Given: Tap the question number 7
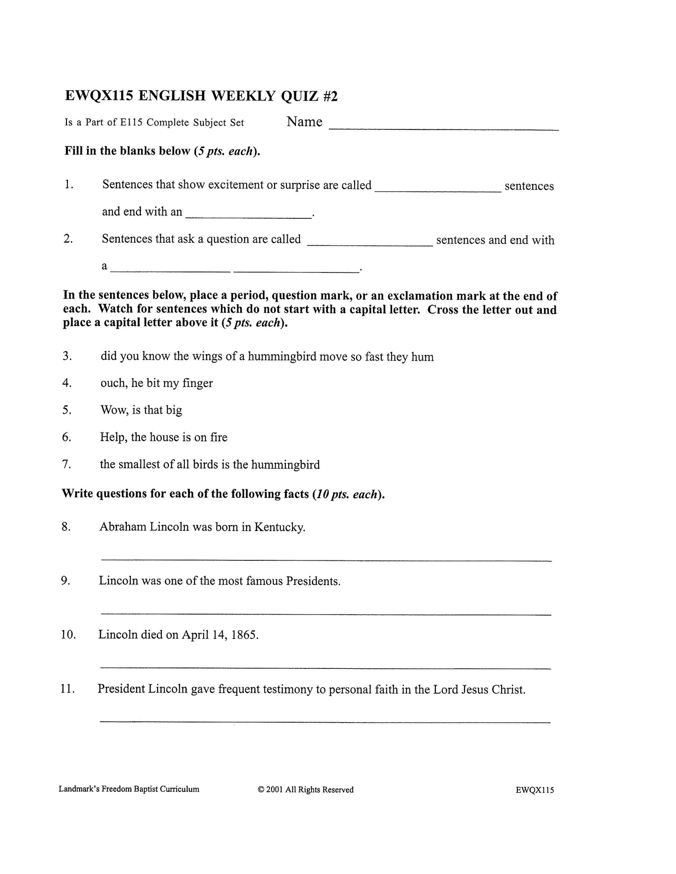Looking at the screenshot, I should pyautogui.click(x=66, y=464).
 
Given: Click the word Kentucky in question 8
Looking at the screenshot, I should pyautogui.click(x=280, y=527).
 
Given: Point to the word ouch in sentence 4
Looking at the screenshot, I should pyautogui.click(x=113, y=383).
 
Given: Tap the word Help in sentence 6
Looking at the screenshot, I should pyautogui.click(x=113, y=437).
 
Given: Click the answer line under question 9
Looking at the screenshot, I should pyautogui.click(x=326, y=614).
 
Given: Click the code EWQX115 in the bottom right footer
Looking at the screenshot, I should pyautogui.click(x=535, y=790).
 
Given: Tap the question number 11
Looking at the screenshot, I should pyautogui.click(x=68, y=689).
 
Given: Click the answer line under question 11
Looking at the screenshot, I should pyautogui.click(x=325, y=722).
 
